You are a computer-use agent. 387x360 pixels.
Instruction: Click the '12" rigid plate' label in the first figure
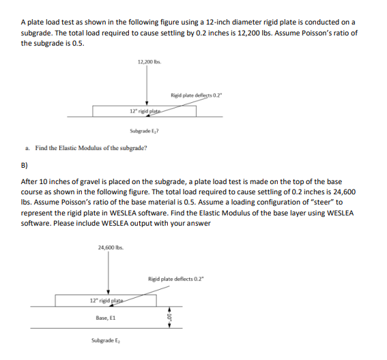tap(145, 110)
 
